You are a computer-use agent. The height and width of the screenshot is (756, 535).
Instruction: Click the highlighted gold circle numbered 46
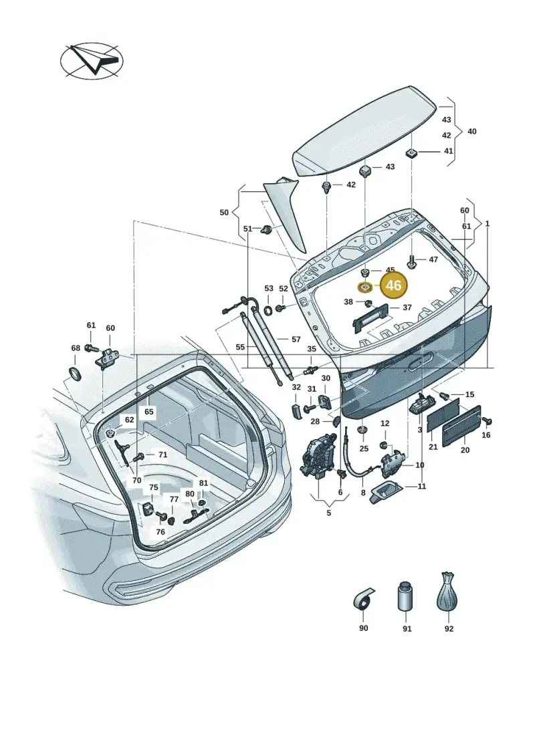point(394,285)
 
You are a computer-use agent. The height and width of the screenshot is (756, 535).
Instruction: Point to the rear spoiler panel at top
point(364,132)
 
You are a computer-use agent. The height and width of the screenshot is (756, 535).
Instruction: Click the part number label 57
point(296,340)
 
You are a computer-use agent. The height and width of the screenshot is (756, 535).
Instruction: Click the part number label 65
point(148,412)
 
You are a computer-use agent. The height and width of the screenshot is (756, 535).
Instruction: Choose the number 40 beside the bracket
point(472,131)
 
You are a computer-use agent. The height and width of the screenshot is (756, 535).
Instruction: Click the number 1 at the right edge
point(488,224)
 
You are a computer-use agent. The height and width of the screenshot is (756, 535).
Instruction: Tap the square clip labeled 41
point(412,153)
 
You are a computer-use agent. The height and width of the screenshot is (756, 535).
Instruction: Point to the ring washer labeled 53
point(268,309)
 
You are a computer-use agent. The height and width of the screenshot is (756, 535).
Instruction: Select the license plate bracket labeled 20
point(461,426)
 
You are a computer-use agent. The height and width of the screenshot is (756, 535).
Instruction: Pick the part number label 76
point(160,532)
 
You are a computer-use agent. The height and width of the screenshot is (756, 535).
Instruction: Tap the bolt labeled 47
point(411,261)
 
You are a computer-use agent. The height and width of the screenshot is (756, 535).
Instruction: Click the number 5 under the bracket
point(328,513)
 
